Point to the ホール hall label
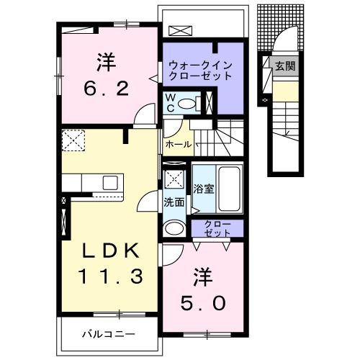click(x=178, y=144)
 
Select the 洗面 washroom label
click(x=174, y=203)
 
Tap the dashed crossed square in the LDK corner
click(x=73, y=140)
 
